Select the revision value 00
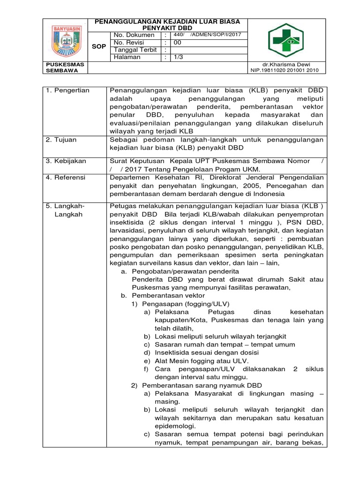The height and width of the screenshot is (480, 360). click(177, 43)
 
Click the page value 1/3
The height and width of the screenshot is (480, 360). click(179, 57)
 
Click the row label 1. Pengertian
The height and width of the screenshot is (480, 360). click(67, 90)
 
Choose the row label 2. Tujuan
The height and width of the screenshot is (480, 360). click(62, 140)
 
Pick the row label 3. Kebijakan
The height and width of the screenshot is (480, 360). click(66, 161)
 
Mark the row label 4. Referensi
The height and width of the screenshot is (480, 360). click(66, 178)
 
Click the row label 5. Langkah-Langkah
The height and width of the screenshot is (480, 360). click(67, 210)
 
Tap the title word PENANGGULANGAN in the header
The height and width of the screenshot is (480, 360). click(128, 22)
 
